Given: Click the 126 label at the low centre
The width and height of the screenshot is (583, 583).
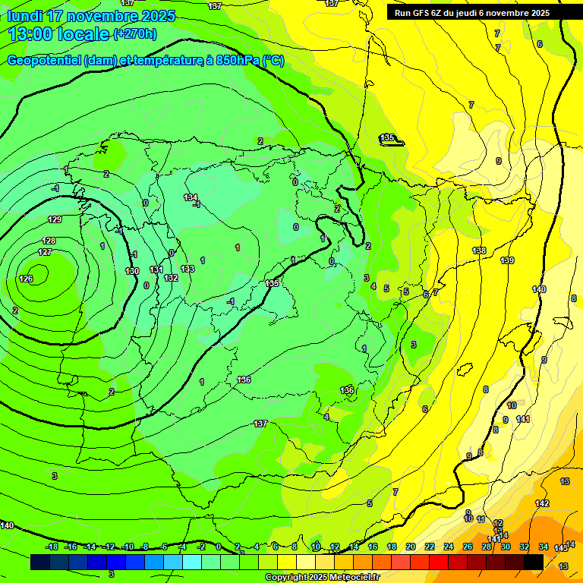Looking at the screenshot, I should click(x=26, y=279).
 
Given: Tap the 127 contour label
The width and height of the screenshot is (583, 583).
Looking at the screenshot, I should click(x=45, y=252).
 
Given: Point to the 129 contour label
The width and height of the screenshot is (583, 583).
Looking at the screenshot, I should click(x=55, y=219).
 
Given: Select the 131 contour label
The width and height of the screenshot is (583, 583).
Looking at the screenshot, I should click(x=156, y=269).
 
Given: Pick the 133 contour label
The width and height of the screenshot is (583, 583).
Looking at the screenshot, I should click(x=188, y=269).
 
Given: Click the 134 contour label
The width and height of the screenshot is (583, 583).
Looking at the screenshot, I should click(x=191, y=197).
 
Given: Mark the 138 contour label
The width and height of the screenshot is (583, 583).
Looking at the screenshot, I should click(x=479, y=251).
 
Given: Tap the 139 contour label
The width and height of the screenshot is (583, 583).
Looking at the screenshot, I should click(x=507, y=260).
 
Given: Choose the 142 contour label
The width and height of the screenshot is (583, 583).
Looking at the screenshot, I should click(x=542, y=503).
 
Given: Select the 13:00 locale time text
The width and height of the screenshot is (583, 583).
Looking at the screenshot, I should click(x=59, y=34).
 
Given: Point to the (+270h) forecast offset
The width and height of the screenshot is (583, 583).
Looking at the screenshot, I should click(x=135, y=34).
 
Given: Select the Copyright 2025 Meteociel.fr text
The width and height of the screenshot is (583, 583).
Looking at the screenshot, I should click(x=322, y=578).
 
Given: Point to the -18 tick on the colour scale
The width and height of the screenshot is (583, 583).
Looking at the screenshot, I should click(x=52, y=547).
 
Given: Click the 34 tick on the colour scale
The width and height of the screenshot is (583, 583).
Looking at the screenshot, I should click(x=544, y=547).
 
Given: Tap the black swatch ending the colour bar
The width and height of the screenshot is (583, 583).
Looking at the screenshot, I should click(x=534, y=562).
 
